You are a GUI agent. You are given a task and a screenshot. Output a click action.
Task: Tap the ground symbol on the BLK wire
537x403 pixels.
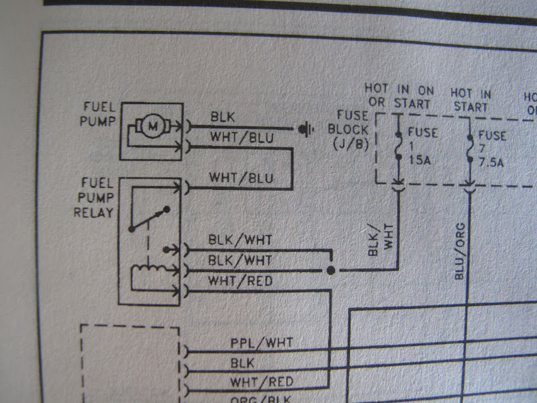click(307, 128)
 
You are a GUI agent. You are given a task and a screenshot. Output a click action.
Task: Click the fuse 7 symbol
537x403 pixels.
click(470, 144)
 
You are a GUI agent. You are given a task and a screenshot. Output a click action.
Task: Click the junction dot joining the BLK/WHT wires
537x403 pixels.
click(330, 270)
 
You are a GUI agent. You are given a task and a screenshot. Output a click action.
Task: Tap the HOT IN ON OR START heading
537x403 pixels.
click(399, 96)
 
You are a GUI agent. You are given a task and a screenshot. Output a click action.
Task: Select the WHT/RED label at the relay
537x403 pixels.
click(240, 281)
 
